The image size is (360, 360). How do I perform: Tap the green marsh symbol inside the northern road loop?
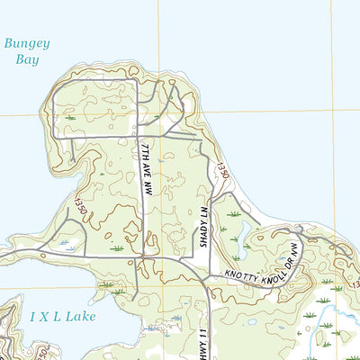tap(70, 116)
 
